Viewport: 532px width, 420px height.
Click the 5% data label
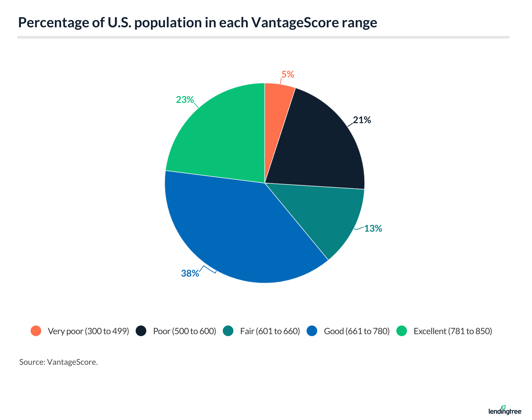tap(288, 75)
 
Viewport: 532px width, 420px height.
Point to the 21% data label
tap(362, 120)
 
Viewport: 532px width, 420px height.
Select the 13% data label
tap(373, 229)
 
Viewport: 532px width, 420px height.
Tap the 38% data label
tap(190, 274)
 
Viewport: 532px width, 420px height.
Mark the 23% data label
tap(185, 100)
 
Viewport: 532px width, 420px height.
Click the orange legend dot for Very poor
tap(36, 331)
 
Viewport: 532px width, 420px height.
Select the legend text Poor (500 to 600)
tap(185, 331)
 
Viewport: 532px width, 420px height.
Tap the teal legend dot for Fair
tap(228, 331)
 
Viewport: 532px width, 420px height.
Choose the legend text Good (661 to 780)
tap(356, 331)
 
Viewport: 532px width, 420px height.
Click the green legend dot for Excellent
tap(402, 331)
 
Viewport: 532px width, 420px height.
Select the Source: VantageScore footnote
tap(59, 362)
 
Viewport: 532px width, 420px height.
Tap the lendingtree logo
tap(505, 411)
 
